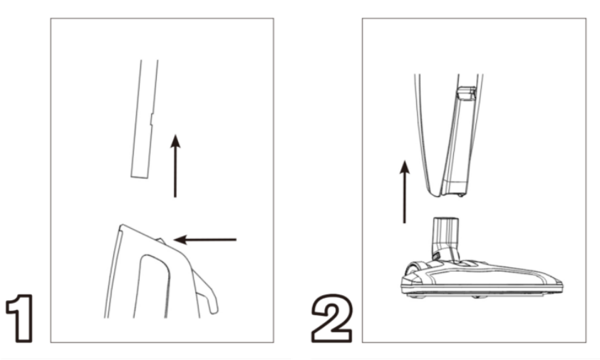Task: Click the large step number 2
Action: (332, 318)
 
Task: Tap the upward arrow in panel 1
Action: (175, 166)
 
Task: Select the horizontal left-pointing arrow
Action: (205, 240)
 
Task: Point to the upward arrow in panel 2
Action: (405, 192)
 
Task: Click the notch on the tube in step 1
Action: (152, 119)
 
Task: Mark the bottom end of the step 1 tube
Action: (139, 177)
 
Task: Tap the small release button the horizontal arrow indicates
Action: (161, 241)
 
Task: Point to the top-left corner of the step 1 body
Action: (121, 226)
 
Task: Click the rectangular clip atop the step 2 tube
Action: (467, 93)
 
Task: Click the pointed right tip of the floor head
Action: (561, 284)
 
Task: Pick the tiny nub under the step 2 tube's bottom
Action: (461, 195)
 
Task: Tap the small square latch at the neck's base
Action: (435, 255)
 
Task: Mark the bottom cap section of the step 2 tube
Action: (455, 187)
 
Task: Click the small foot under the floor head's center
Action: (477, 297)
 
